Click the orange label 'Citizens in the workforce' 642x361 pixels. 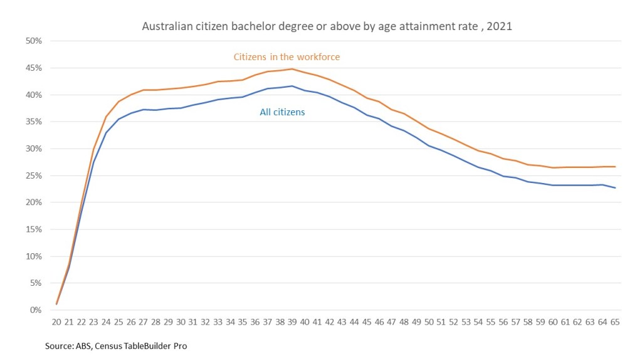coord(287,57)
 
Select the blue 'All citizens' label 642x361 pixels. coord(282,112)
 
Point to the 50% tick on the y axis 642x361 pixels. coord(34,41)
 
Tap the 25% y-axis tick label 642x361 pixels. coord(34,175)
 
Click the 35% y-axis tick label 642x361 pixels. coord(34,122)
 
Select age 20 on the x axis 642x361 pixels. coord(57,322)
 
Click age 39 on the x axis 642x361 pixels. coord(292,322)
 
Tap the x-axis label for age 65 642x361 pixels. coord(614,322)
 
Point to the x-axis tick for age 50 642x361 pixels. coord(429,322)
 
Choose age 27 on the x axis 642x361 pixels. coord(144,322)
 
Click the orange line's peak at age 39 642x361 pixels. coord(292,69)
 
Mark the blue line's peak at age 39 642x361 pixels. coord(292,86)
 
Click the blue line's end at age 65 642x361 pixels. coord(614,188)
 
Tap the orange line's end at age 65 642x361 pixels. coord(614,167)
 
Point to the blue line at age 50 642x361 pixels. coord(429,145)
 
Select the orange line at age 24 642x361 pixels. coord(107,117)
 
